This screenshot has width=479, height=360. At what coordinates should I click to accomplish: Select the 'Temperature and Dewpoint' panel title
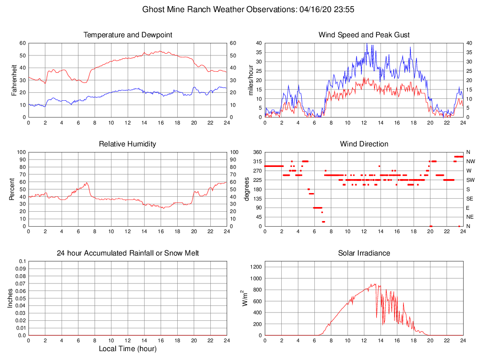coord(128,35)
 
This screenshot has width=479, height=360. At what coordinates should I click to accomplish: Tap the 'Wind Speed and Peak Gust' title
coord(364,35)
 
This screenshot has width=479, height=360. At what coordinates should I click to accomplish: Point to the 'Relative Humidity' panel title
coord(128,144)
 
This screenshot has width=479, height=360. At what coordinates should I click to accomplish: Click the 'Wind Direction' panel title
coord(364,144)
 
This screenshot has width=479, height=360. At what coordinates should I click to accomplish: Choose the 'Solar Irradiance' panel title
coord(364,253)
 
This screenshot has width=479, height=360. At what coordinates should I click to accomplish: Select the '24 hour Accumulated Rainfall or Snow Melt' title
coord(128,253)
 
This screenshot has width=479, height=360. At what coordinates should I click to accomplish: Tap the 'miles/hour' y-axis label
coord(250,80)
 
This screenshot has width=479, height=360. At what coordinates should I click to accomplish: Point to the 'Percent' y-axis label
coord(12,189)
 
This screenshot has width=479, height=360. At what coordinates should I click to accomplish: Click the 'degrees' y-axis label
coord(247,189)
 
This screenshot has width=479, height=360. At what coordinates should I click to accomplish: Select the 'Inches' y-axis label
coord(10,298)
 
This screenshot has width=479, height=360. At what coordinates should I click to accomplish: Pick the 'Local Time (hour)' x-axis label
coord(128,348)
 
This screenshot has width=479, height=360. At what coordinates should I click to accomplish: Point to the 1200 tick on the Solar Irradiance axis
coord(256,267)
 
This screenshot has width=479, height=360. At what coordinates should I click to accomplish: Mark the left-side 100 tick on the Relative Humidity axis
coord(21,152)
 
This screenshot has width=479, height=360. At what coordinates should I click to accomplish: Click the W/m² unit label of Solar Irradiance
coord(244,298)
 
